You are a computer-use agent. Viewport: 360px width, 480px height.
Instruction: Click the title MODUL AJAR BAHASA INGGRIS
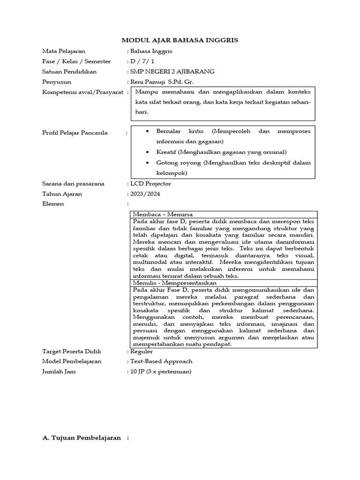(x=180, y=40)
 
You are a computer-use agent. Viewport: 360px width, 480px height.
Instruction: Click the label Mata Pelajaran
(x=64, y=51)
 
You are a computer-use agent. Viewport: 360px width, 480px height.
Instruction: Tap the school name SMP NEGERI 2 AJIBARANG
(x=172, y=72)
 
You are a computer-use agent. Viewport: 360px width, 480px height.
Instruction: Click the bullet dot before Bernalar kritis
(x=148, y=131)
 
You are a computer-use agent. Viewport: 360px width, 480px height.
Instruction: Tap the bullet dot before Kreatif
(x=148, y=152)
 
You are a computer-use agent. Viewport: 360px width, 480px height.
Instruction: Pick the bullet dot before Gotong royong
(x=148, y=163)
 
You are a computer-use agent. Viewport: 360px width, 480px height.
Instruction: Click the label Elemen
(x=53, y=204)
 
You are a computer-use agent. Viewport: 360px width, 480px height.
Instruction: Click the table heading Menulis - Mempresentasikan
(x=175, y=283)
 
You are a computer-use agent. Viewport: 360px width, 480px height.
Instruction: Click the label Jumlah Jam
(x=59, y=372)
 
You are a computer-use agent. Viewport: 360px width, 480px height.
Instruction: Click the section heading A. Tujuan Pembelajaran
(x=82, y=438)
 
